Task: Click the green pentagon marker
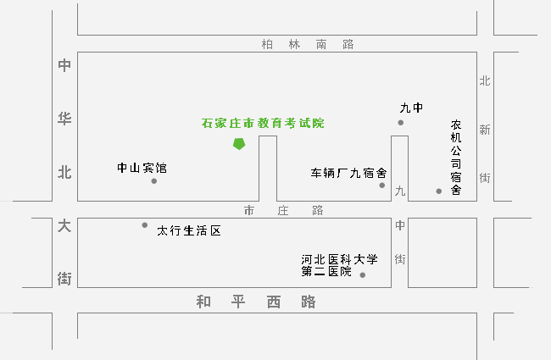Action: [x=240, y=143]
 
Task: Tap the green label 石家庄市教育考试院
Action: [x=263, y=123]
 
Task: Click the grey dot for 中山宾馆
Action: [x=153, y=180]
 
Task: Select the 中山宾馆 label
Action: [x=142, y=168]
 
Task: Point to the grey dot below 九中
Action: [x=401, y=123]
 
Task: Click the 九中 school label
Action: [x=411, y=108]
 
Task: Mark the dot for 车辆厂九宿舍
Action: [x=382, y=185]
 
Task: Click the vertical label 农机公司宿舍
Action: [x=455, y=157]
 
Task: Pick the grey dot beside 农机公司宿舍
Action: [x=439, y=191]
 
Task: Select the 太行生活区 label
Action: [x=189, y=230]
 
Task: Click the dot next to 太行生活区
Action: [x=145, y=225]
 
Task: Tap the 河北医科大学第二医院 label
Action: [x=338, y=265]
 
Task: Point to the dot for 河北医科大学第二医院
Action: [x=363, y=275]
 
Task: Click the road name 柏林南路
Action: [x=308, y=45]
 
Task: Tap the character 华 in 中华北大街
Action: [x=64, y=119]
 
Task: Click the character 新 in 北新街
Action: [x=485, y=130]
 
